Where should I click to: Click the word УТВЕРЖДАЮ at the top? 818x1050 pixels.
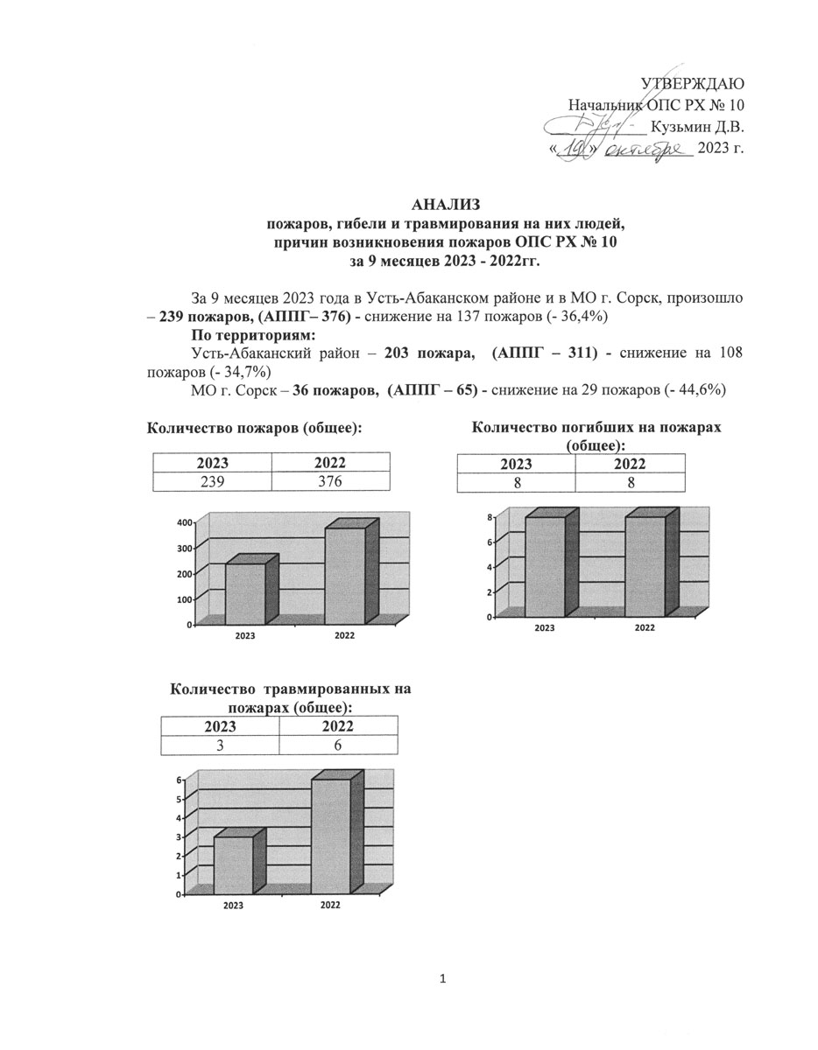(693, 84)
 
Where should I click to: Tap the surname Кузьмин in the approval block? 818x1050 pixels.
(680, 126)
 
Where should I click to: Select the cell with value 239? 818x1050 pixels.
(213, 482)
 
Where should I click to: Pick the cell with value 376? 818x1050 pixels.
(330, 482)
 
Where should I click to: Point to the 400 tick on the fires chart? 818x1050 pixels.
(183, 522)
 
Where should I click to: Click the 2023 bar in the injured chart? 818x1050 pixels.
(234, 864)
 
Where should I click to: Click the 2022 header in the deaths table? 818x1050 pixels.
(630, 464)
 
